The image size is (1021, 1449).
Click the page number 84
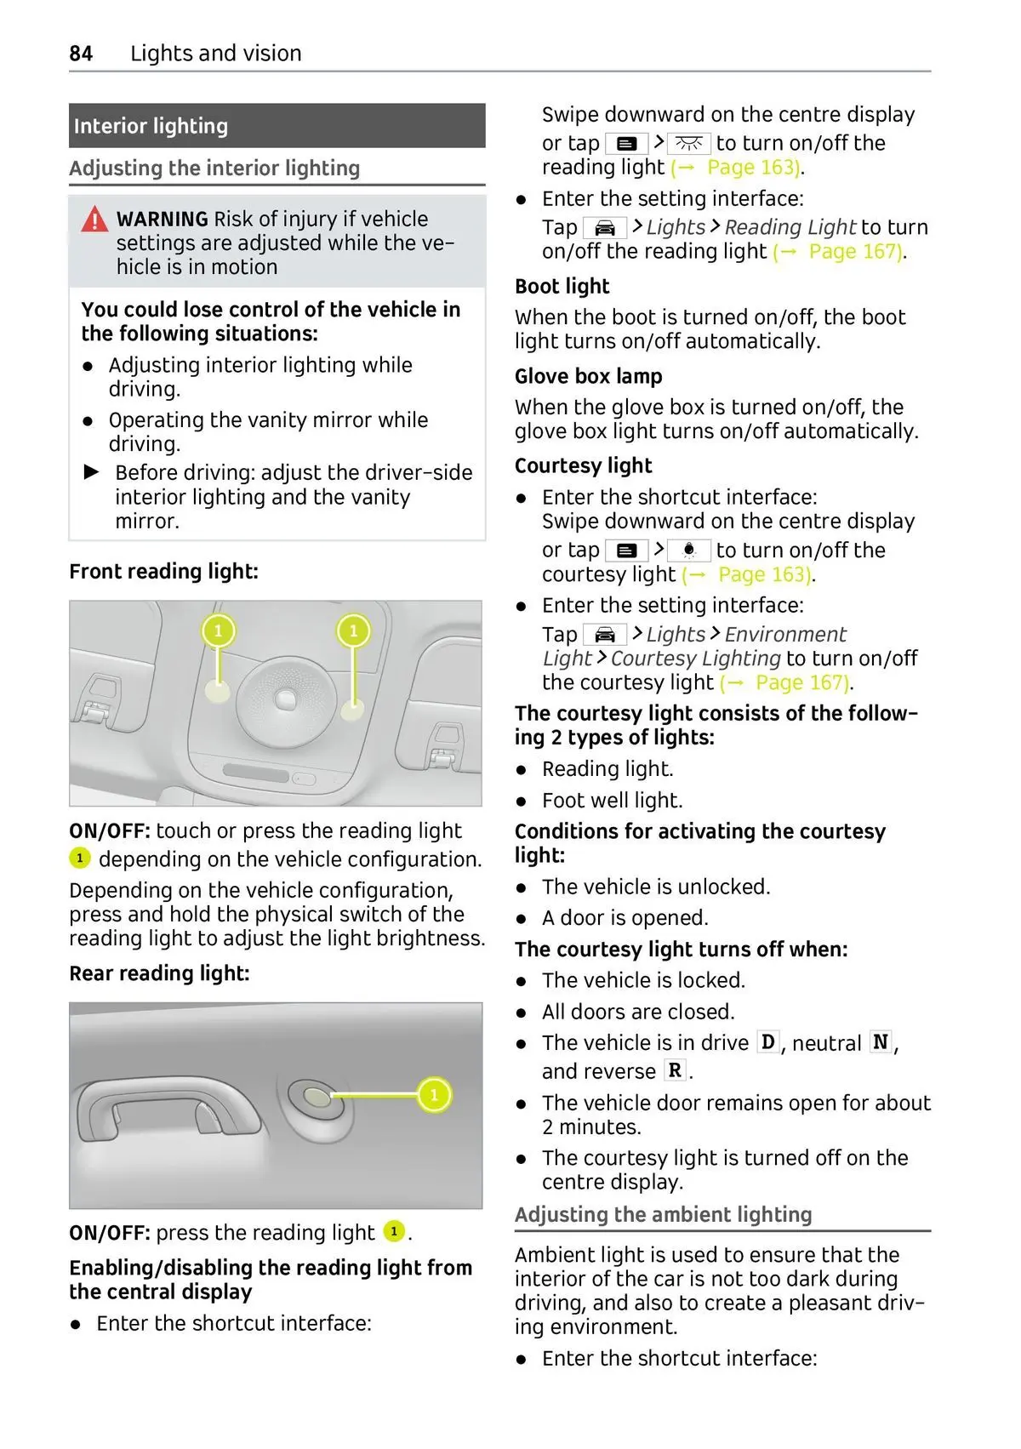click(81, 54)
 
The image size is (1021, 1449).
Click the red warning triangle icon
click(94, 220)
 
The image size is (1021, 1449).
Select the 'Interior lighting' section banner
click(277, 126)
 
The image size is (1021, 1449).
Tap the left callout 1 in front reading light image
click(218, 630)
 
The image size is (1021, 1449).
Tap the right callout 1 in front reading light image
click(353, 630)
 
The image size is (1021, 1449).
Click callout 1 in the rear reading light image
click(434, 1094)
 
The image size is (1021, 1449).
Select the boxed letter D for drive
click(768, 1042)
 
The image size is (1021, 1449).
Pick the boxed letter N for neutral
click(881, 1042)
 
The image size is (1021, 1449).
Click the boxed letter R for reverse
click(675, 1070)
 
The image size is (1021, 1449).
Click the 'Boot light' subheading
click(562, 287)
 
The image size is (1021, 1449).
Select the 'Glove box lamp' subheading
click(588, 376)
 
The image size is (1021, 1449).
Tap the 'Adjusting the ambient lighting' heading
click(663, 1214)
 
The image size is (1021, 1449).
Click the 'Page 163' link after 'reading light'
click(752, 168)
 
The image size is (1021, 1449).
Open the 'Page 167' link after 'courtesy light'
click(801, 682)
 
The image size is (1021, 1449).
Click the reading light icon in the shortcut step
click(688, 143)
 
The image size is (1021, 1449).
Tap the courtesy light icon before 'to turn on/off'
click(688, 551)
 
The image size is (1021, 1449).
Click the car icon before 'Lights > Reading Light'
click(604, 228)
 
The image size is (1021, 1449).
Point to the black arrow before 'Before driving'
click(92, 472)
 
